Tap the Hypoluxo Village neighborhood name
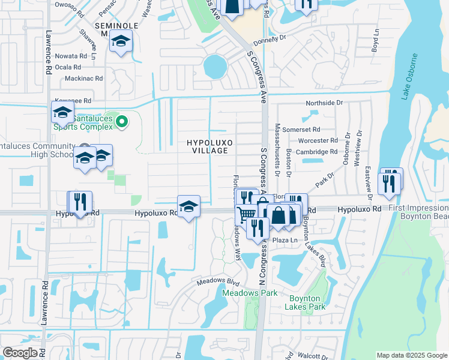[209, 146]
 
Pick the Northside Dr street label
[324, 103]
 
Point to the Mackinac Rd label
[83, 79]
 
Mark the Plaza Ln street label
[285, 240]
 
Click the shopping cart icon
[246, 214]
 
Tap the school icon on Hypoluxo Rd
[188, 206]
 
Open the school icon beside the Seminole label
[121, 42]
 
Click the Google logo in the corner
[20, 353]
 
